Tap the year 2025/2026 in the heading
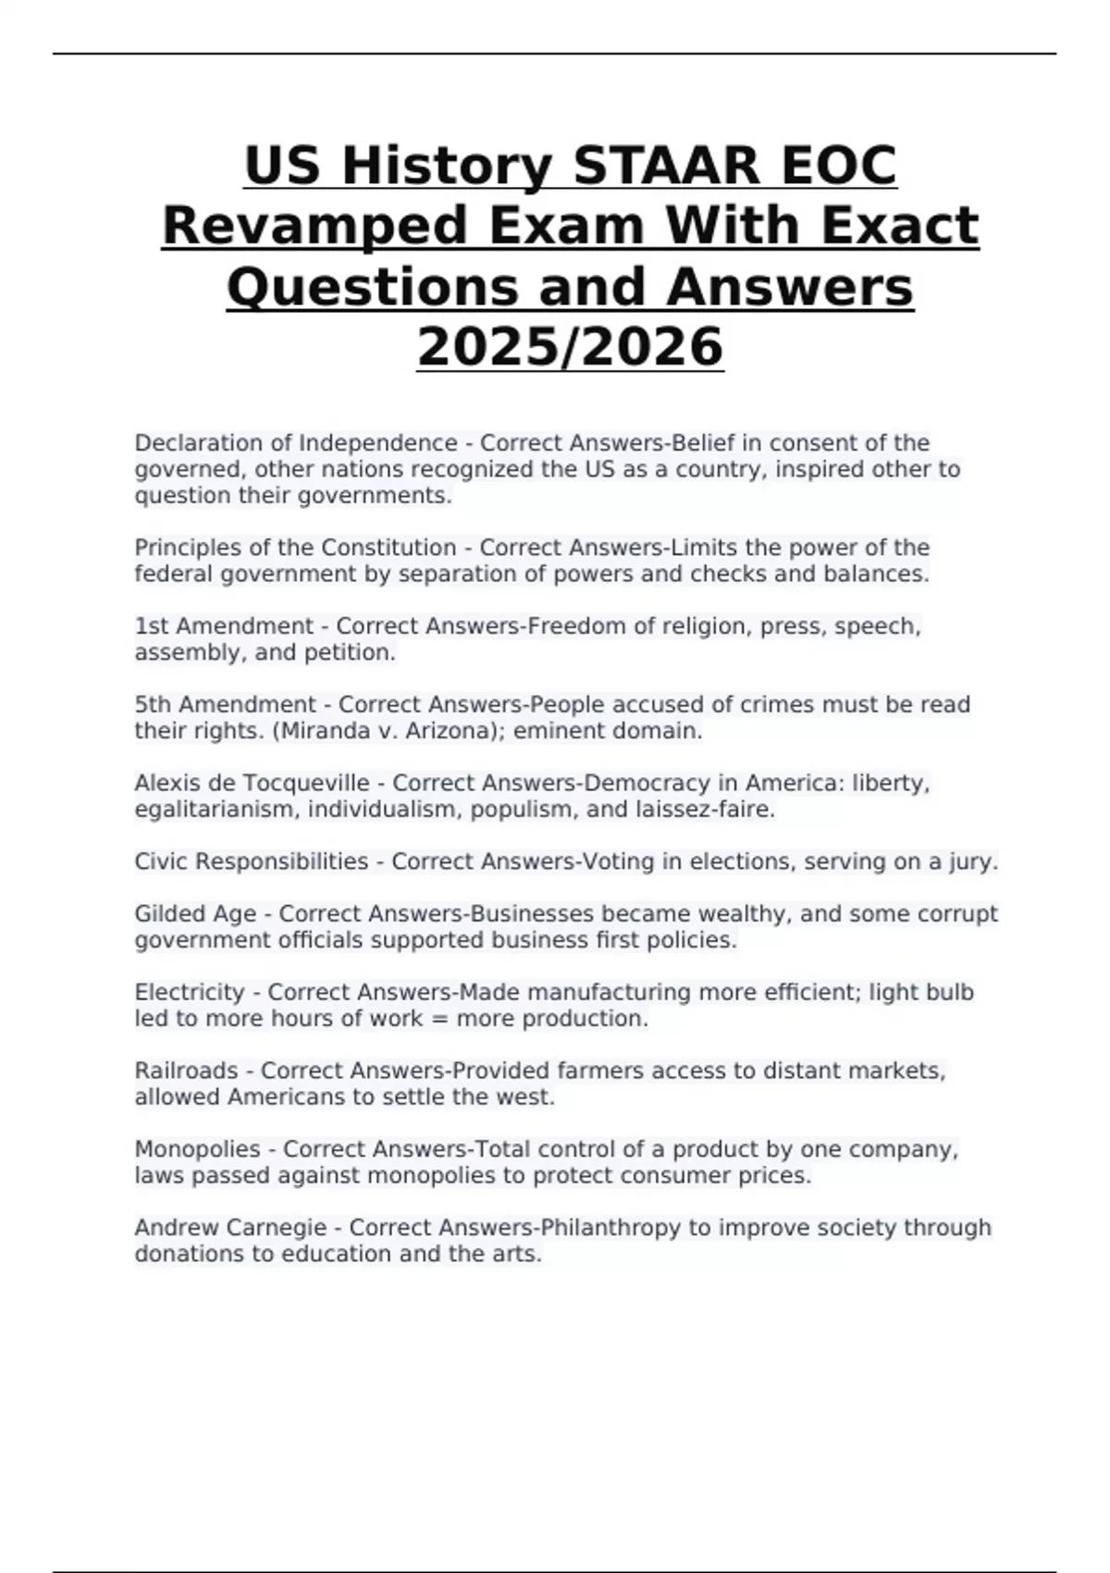click(x=570, y=347)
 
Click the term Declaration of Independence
click(x=295, y=443)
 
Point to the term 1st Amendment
click(x=224, y=626)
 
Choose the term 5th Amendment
click(x=225, y=705)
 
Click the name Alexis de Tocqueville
click(x=252, y=784)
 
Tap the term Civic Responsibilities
click(x=251, y=861)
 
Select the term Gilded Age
click(x=195, y=914)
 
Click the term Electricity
click(x=189, y=993)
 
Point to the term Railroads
click(x=186, y=1071)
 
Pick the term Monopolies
click(x=197, y=1149)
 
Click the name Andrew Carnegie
click(x=230, y=1228)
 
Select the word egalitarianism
click(x=216, y=810)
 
